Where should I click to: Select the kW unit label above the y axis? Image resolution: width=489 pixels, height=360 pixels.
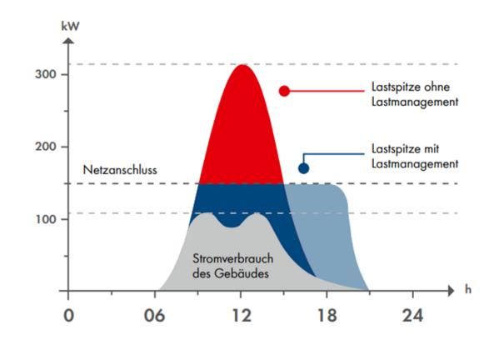[71, 27]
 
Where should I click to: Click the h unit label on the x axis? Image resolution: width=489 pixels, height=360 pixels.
[468, 289]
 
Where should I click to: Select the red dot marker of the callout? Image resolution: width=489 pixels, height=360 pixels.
[284, 91]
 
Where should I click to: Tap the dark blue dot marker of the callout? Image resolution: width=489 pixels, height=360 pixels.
[304, 167]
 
